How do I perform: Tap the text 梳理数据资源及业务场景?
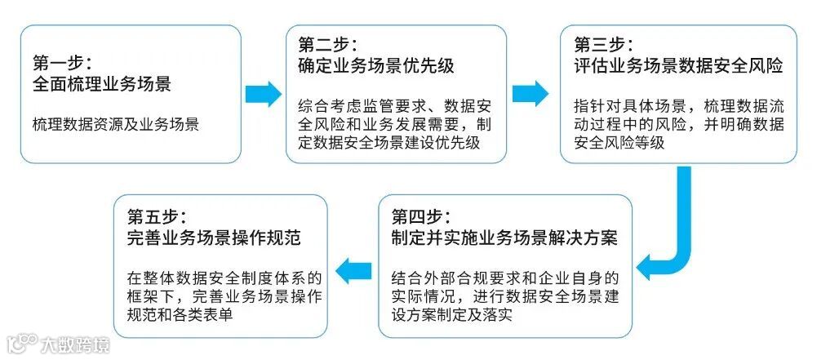click(115, 125)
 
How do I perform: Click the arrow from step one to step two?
click(263, 94)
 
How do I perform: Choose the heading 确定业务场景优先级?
click(376, 64)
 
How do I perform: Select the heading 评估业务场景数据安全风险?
click(678, 65)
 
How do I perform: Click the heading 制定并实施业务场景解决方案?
click(504, 238)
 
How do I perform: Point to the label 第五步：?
click(157, 217)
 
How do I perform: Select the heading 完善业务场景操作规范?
click(215, 238)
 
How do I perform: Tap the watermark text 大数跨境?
click(76, 343)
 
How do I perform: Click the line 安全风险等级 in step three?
click(620, 143)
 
